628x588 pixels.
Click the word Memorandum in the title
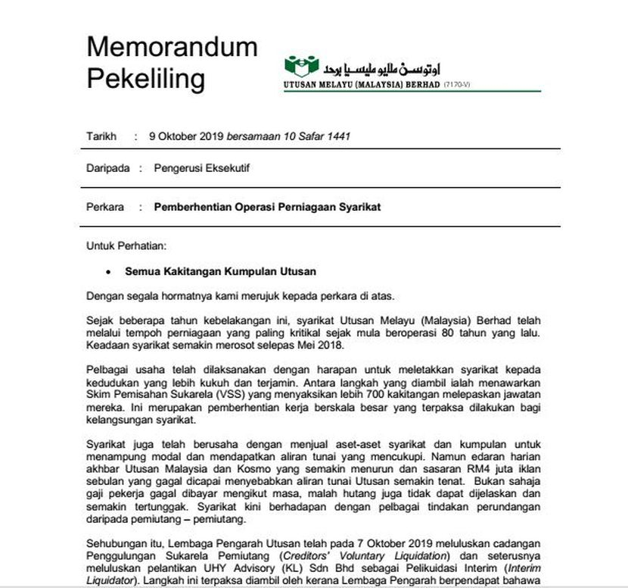172,47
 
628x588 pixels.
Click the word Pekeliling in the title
146,77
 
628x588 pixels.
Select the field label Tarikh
101,136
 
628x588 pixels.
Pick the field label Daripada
107,168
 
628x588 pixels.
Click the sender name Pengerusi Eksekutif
201,168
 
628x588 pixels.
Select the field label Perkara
105,206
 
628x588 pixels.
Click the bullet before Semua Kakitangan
109,271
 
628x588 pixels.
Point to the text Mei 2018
322,346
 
